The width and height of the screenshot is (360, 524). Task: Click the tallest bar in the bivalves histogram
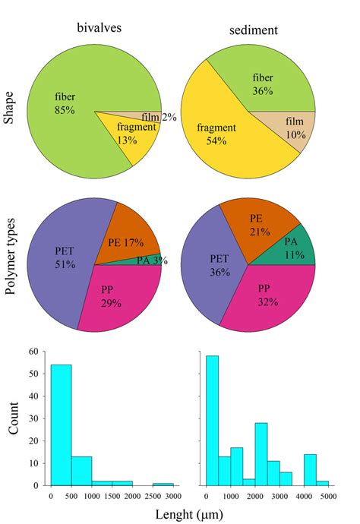61,425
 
